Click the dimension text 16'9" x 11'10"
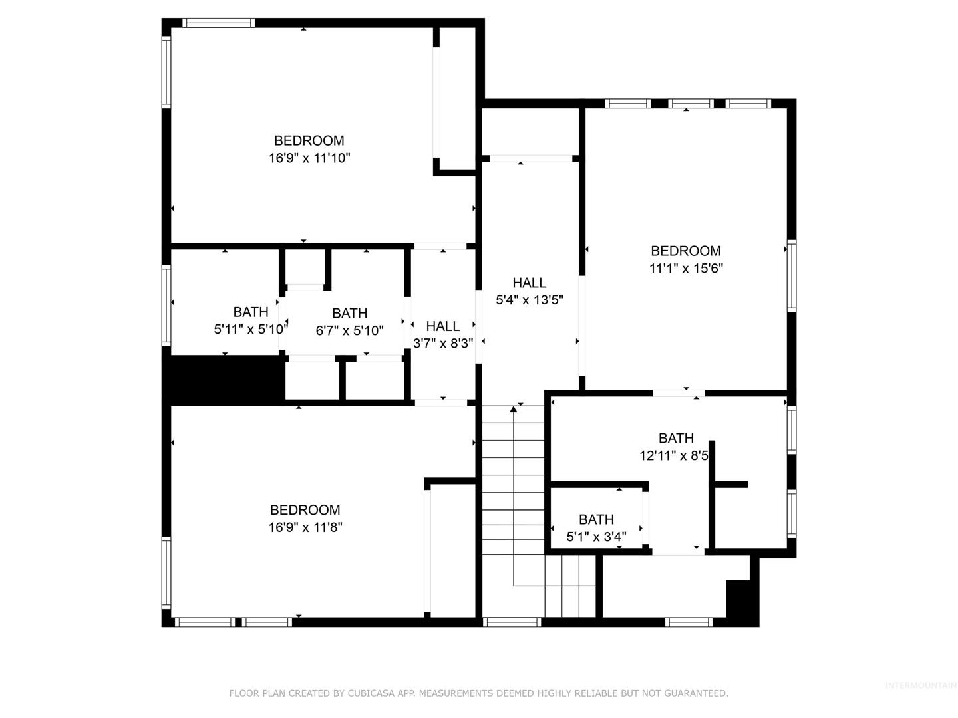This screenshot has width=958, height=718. click(x=309, y=158)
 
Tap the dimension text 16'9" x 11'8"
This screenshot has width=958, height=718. click(x=305, y=527)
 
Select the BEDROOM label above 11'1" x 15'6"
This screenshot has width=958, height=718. click(x=686, y=251)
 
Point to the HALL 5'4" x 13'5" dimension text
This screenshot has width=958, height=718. click(x=530, y=300)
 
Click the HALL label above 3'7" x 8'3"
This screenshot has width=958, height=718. click(x=442, y=326)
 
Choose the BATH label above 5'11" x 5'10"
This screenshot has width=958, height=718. click(x=251, y=312)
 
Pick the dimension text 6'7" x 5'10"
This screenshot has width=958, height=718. click(x=349, y=330)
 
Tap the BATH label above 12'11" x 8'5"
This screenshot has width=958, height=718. click(x=676, y=438)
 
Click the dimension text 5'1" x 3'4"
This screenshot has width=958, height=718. click(x=596, y=537)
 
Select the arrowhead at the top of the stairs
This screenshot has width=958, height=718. click(x=514, y=408)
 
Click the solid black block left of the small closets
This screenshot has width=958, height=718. click(x=224, y=379)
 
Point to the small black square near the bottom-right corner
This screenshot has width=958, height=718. click(x=742, y=604)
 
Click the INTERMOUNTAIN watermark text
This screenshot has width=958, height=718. click(x=921, y=685)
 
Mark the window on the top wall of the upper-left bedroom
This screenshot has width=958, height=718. click(x=218, y=23)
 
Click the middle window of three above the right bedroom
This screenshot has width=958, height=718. click(x=691, y=103)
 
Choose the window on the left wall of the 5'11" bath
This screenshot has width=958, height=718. click(x=166, y=305)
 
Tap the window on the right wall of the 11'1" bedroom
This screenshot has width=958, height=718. click(x=792, y=275)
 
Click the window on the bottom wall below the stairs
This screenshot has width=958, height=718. click(x=512, y=622)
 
